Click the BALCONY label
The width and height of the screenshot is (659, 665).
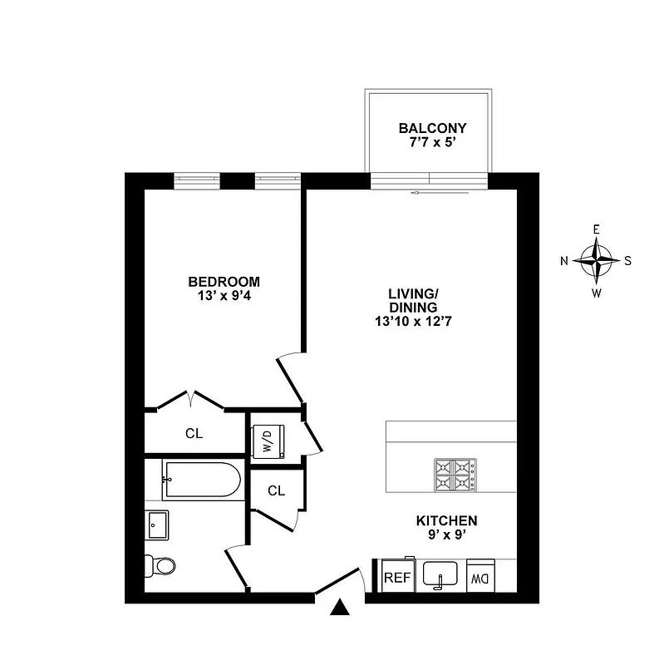pyautogui.click(x=432, y=129)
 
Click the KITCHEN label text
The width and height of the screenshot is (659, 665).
pyautogui.click(x=446, y=521)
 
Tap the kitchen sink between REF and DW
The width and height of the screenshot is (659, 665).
pyautogui.click(x=440, y=574)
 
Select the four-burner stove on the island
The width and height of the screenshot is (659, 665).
pyautogui.click(x=453, y=475)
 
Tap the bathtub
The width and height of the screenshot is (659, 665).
pyautogui.click(x=201, y=480)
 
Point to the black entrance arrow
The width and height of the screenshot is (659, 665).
pyautogui.click(x=339, y=608)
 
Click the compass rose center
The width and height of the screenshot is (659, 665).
pyautogui.click(x=597, y=260)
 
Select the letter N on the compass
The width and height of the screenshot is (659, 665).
pyautogui.click(x=564, y=261)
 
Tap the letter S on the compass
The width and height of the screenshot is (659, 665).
pyautogui.click(x=627, y=260)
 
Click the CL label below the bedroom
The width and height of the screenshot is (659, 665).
pyautogui.click(x=194, y=433)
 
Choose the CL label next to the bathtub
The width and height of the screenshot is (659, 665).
pyautogui.click(x=277, y=490)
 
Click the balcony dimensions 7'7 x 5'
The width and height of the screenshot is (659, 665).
pyautogui.click(x=432, y=143)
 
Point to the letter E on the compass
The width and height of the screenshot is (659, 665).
pyautogui.click(x=596, y=229)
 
